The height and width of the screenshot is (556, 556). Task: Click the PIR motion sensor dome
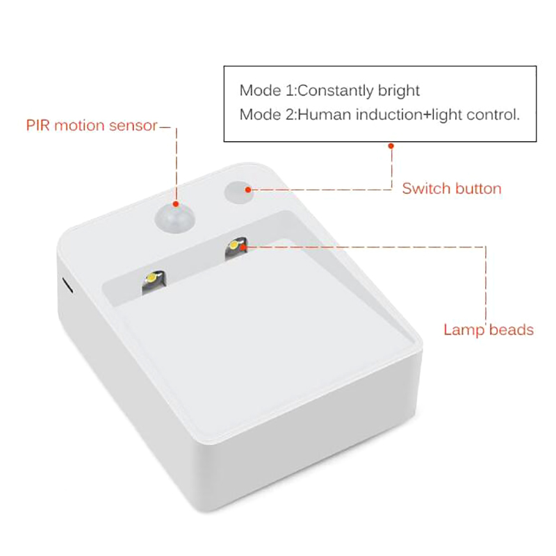click(175, 217)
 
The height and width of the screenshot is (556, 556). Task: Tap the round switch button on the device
click(239, 193)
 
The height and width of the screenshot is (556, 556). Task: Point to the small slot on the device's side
click(68, 286)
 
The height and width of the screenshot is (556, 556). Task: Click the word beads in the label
click(512, 329)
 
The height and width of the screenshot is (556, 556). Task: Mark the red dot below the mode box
click(391, 146)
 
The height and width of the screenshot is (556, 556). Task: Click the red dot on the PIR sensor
click(176, 204)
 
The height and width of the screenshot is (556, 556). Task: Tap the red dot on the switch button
click(248, 190)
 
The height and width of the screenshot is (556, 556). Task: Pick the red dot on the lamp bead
click(243, 247)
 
